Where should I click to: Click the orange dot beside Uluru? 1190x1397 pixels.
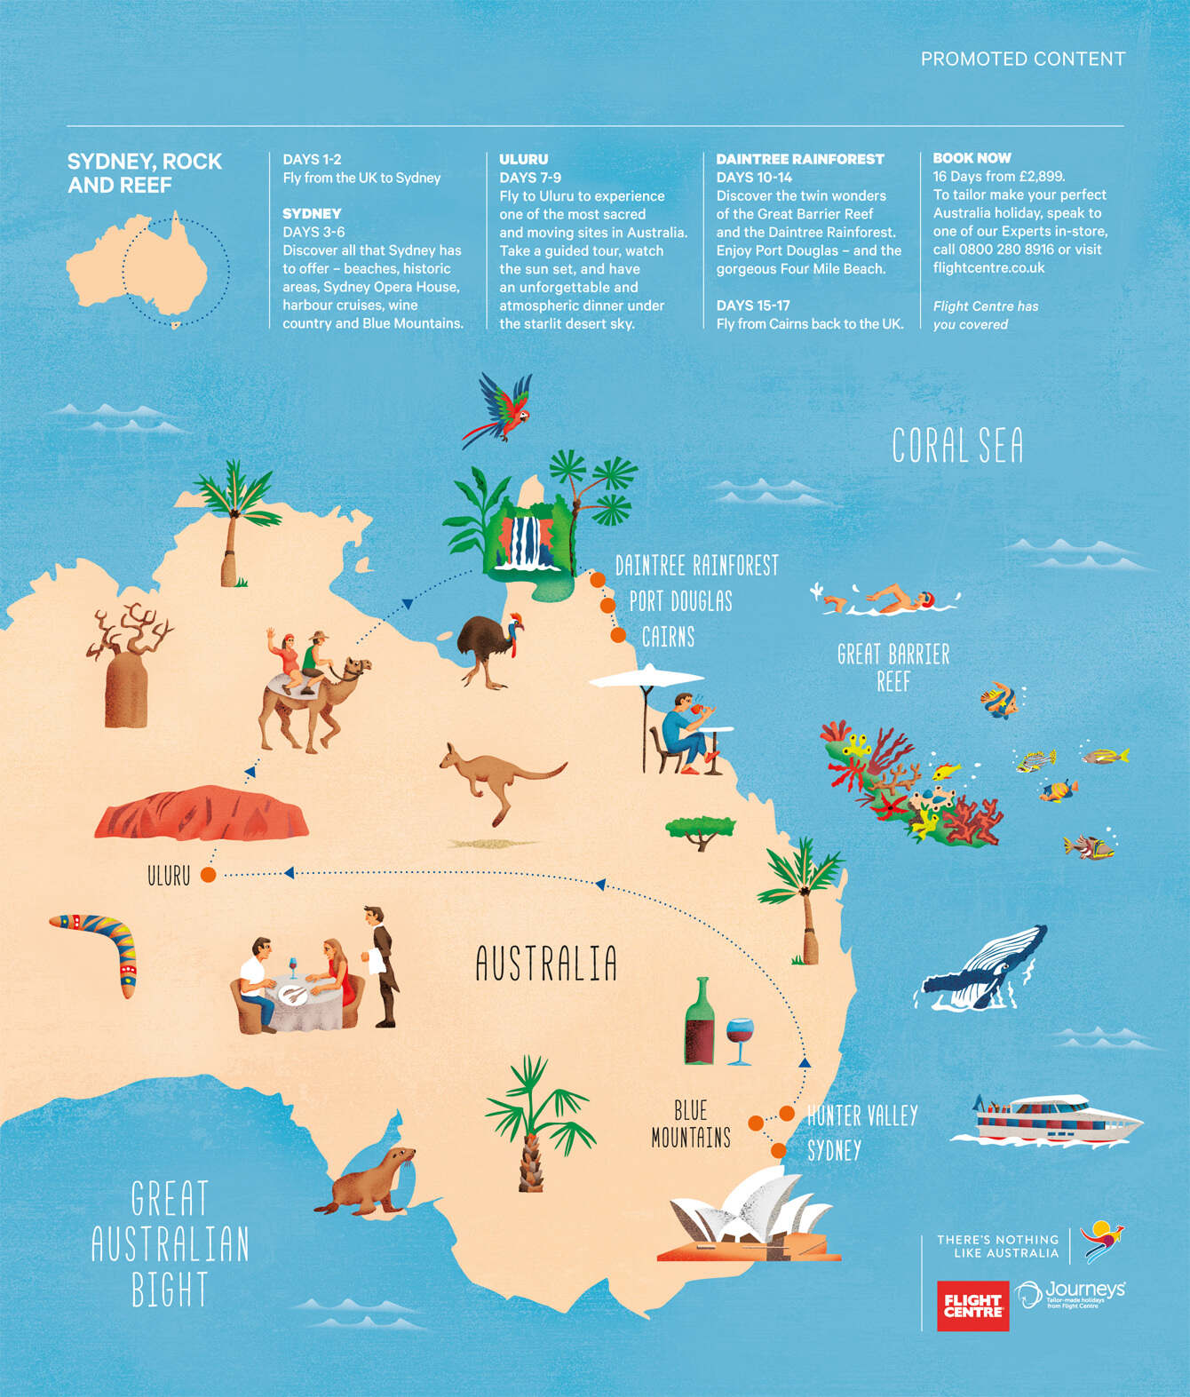(x=208, y=875)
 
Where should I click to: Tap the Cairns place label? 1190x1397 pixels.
(x=668, y=637)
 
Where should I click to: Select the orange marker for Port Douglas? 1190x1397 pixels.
(x=607, y=605)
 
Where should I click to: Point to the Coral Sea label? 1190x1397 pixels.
(x=957, y=446)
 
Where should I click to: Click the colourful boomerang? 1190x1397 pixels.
(x=99, y=949)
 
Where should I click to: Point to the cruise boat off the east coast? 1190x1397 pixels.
(x=1046, y=1121)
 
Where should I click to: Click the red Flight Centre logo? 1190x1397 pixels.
(x=972, y=1306)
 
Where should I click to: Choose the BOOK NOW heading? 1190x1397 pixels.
(x=972, y=158)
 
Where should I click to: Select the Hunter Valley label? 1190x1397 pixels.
(x=861, y=1115)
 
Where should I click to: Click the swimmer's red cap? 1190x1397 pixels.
(x=926, y=599)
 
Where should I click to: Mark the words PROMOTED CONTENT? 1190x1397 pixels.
(x=1022, y=60)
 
